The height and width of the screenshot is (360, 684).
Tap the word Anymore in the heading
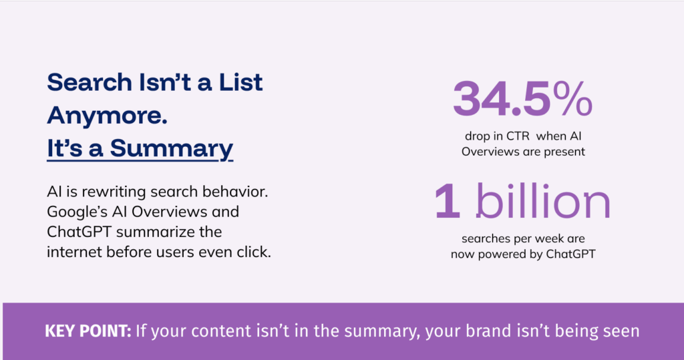[107, 116]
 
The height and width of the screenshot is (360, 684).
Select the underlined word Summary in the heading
[172, 149]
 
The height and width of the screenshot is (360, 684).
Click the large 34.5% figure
[522, 99]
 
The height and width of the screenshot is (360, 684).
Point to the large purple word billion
[543, 201]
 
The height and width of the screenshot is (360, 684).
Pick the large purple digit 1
[447, 201]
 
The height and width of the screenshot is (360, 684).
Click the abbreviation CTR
[518, 136]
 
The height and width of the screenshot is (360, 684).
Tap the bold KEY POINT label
[88, 331]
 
